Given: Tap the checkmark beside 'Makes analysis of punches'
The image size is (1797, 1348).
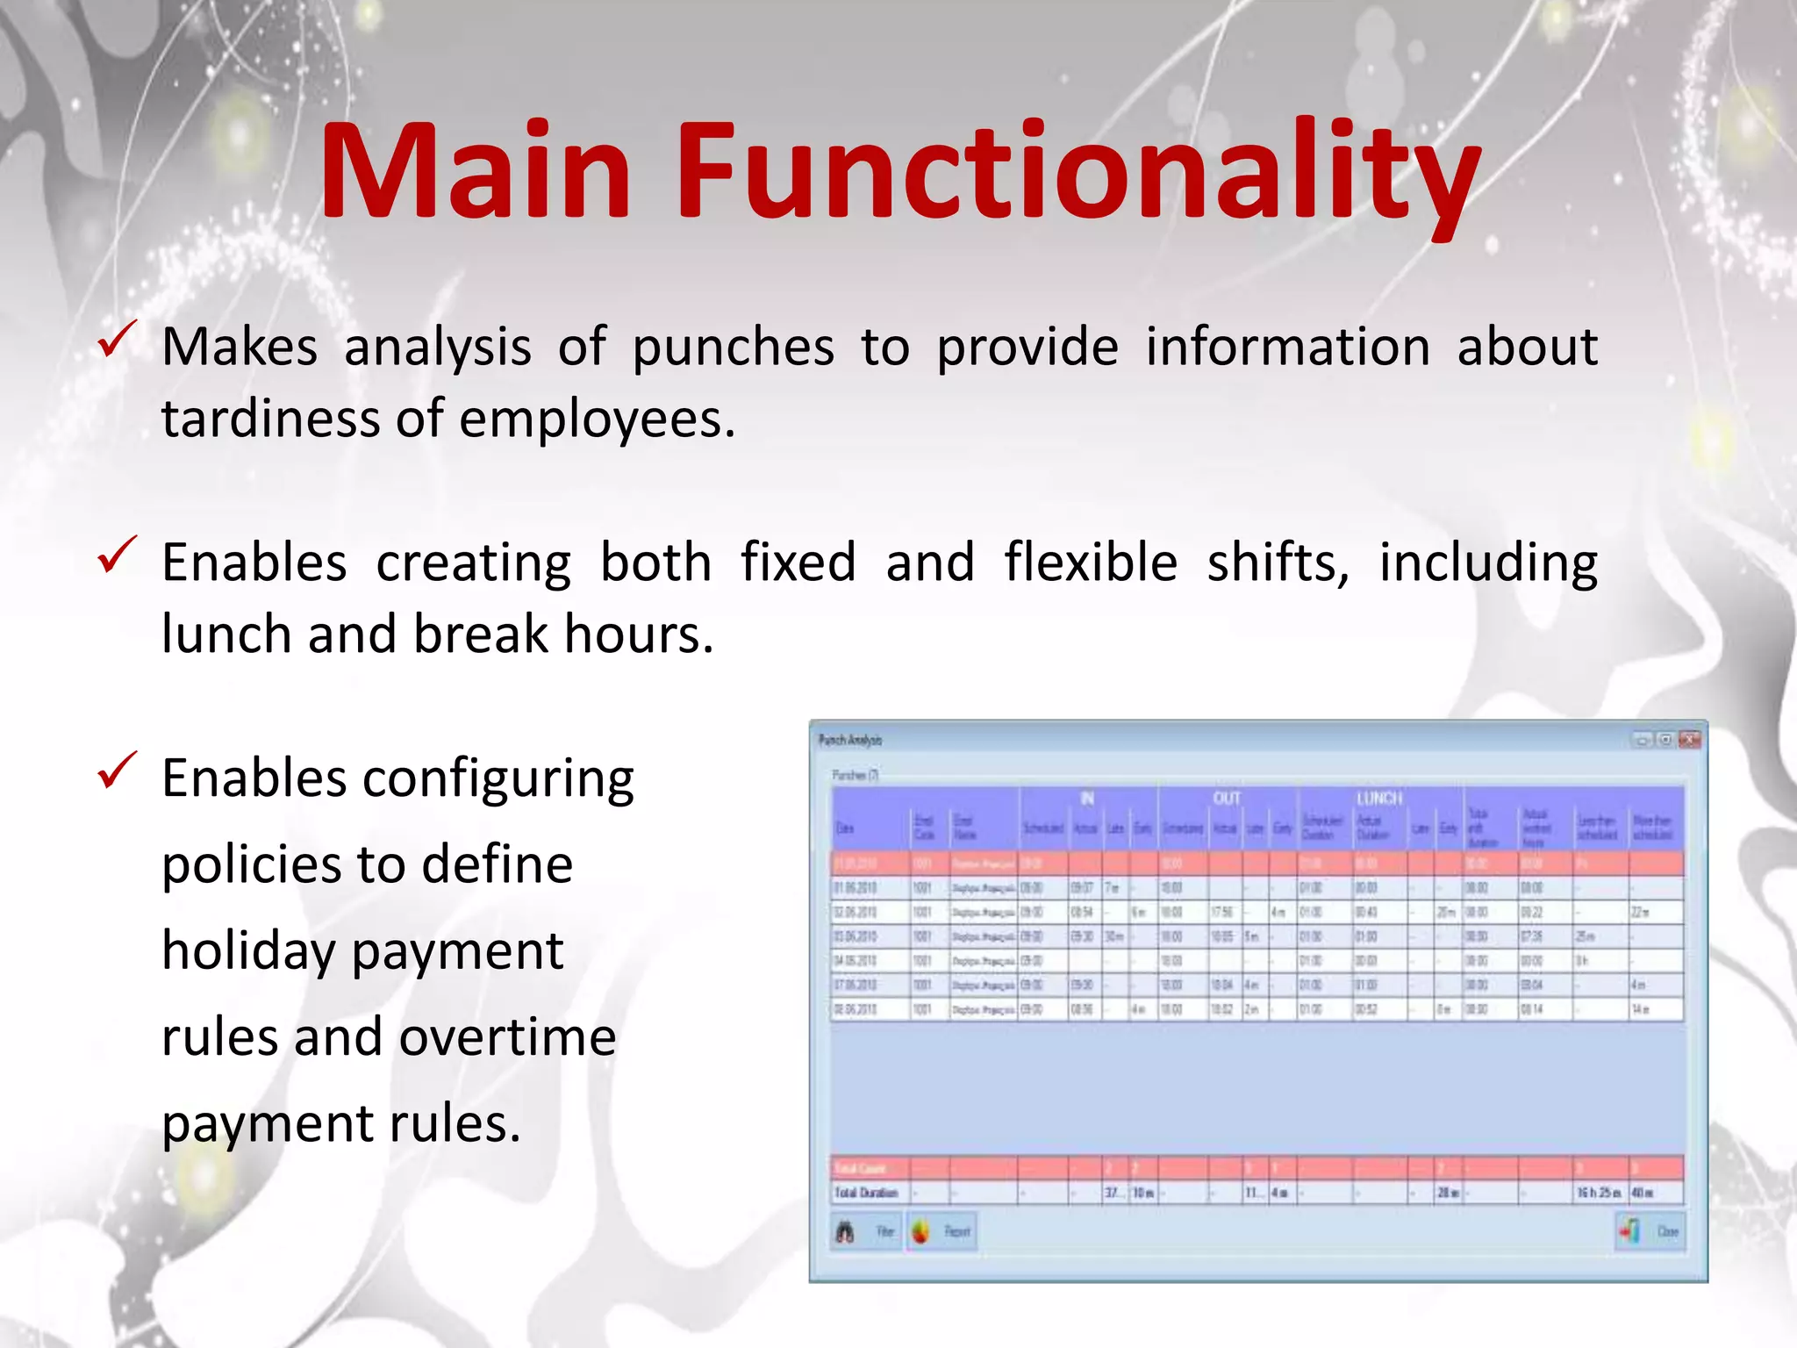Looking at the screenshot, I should [x=117, y=340].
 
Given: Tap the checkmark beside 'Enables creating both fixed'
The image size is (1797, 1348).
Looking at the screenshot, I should [x=117, y=555].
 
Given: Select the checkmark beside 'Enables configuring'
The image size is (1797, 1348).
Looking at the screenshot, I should [x=117, y=770].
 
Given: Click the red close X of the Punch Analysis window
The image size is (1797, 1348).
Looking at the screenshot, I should [x=1689, y=740].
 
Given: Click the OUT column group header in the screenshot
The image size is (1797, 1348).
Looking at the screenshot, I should [x=1226, y=798].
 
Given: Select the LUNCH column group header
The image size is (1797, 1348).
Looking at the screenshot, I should [x=1379, y=798].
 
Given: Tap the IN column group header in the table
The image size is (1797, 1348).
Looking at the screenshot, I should [x=1087, y=798].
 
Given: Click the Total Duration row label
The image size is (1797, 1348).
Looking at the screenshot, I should [x=867, y=1193].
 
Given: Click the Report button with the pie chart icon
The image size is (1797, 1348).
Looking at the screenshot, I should [x=941, y=1232].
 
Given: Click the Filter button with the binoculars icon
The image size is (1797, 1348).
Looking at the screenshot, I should [x=865, y=1232].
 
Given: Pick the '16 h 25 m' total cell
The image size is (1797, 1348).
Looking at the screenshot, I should [x=1599, y=1193].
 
